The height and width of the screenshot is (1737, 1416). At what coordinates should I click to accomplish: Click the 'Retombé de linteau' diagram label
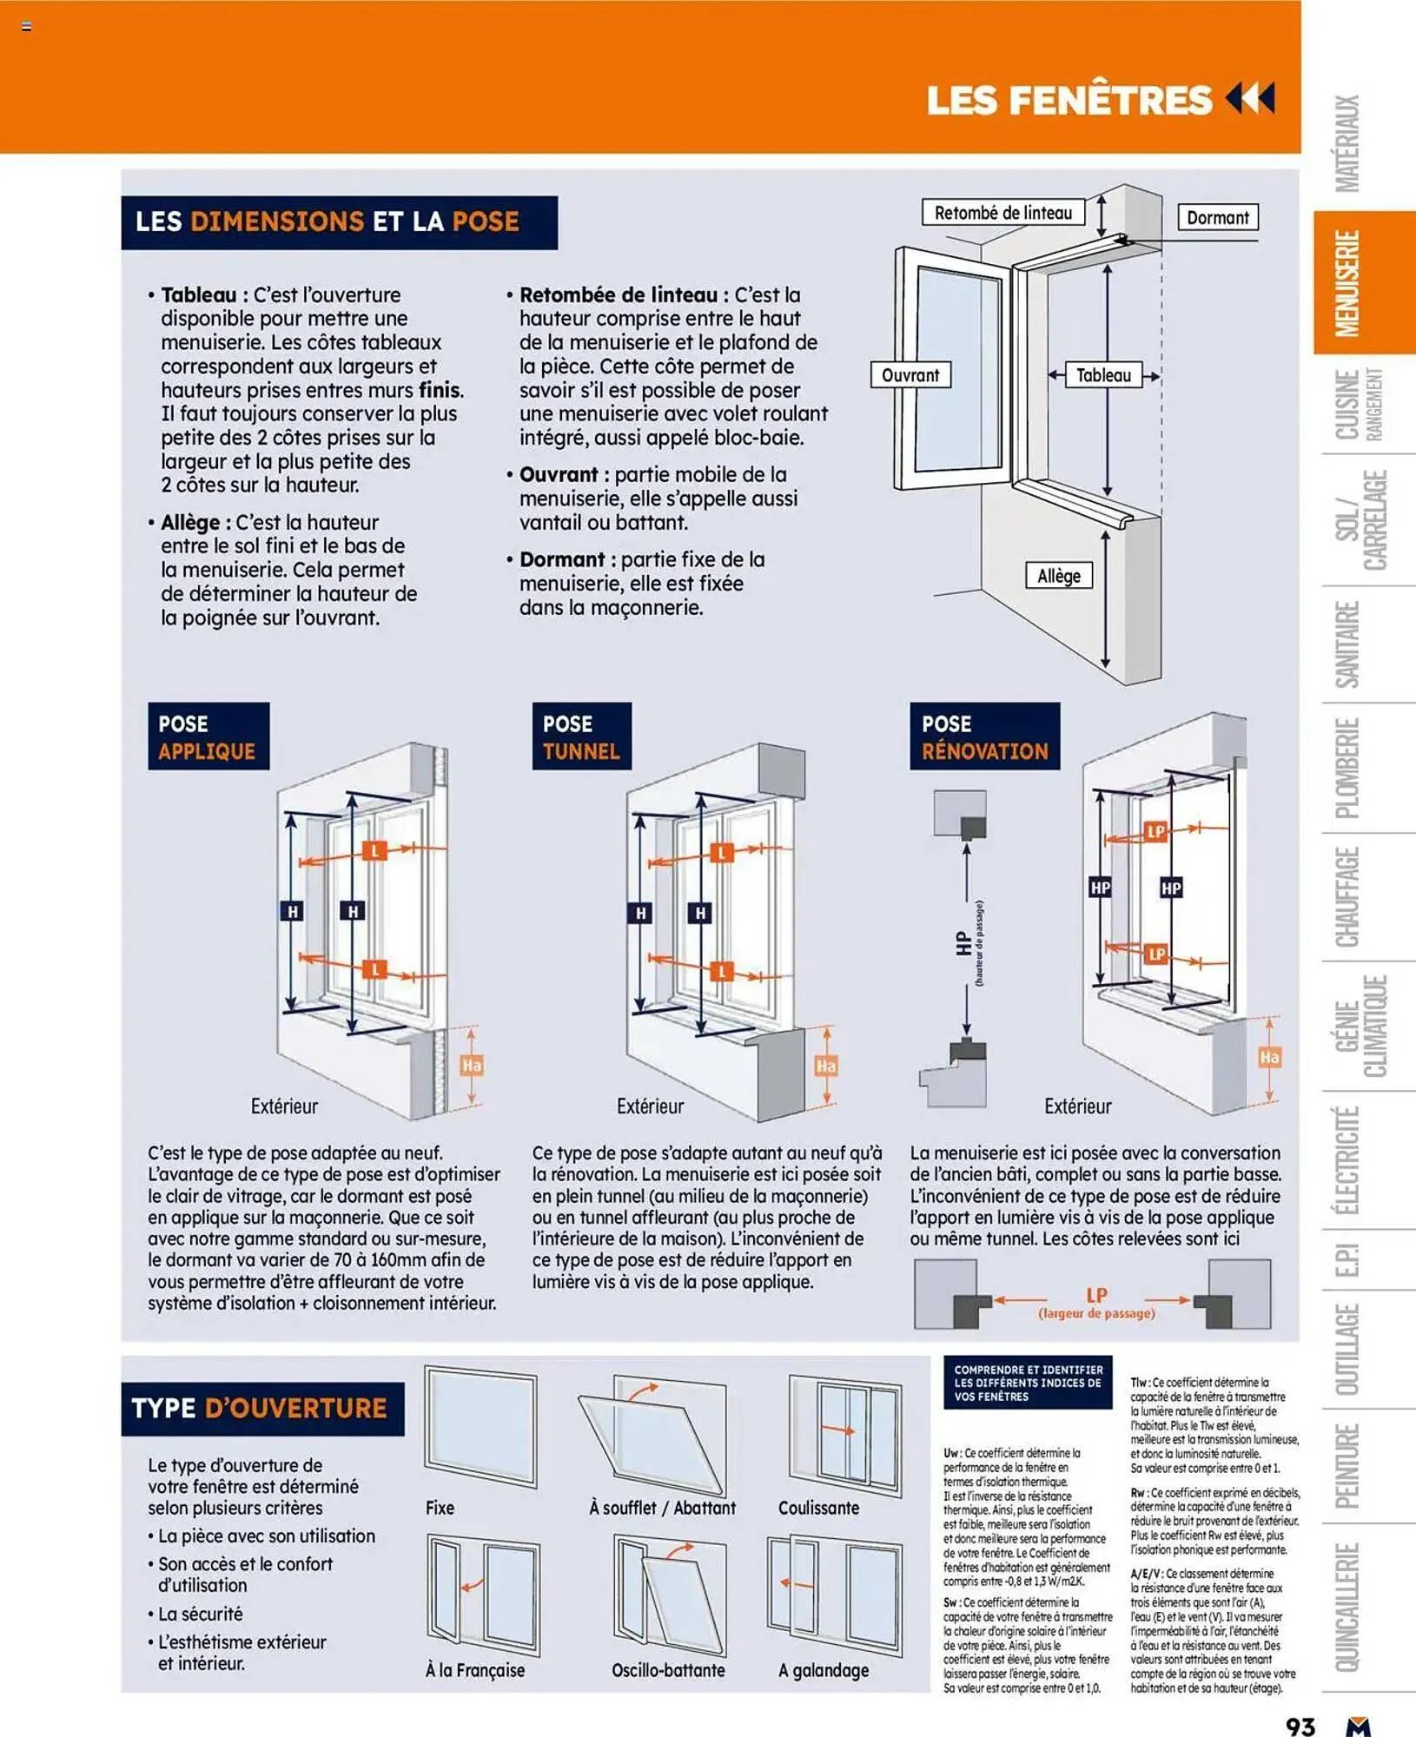point(1002,213)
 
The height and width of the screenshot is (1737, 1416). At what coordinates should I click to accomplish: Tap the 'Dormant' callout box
point(1217,217)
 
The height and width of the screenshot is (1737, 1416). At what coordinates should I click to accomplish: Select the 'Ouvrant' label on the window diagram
point(910,375)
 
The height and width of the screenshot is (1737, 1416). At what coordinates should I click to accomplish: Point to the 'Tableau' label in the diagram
point(1103,375)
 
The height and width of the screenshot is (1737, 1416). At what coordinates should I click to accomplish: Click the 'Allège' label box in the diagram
point(1058,576)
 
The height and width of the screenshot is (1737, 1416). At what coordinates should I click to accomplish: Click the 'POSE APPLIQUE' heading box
point(208,736)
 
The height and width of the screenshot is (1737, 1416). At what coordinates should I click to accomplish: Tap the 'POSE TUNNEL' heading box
point(581,736)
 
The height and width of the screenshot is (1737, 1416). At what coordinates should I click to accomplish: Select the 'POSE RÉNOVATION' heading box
point(984,736)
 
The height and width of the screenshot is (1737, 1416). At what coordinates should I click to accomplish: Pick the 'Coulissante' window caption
point(818,1508)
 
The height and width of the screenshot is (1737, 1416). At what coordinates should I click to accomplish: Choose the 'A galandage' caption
point(823,1670)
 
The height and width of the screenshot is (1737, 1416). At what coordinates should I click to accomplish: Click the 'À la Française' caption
point(475,1670)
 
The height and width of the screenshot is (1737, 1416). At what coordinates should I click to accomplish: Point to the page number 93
point(1300,1725)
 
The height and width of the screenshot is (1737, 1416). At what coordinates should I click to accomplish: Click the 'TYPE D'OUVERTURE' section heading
point(260,1408)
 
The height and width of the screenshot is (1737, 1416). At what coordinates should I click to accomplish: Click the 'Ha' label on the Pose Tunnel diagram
point(825,1066)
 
